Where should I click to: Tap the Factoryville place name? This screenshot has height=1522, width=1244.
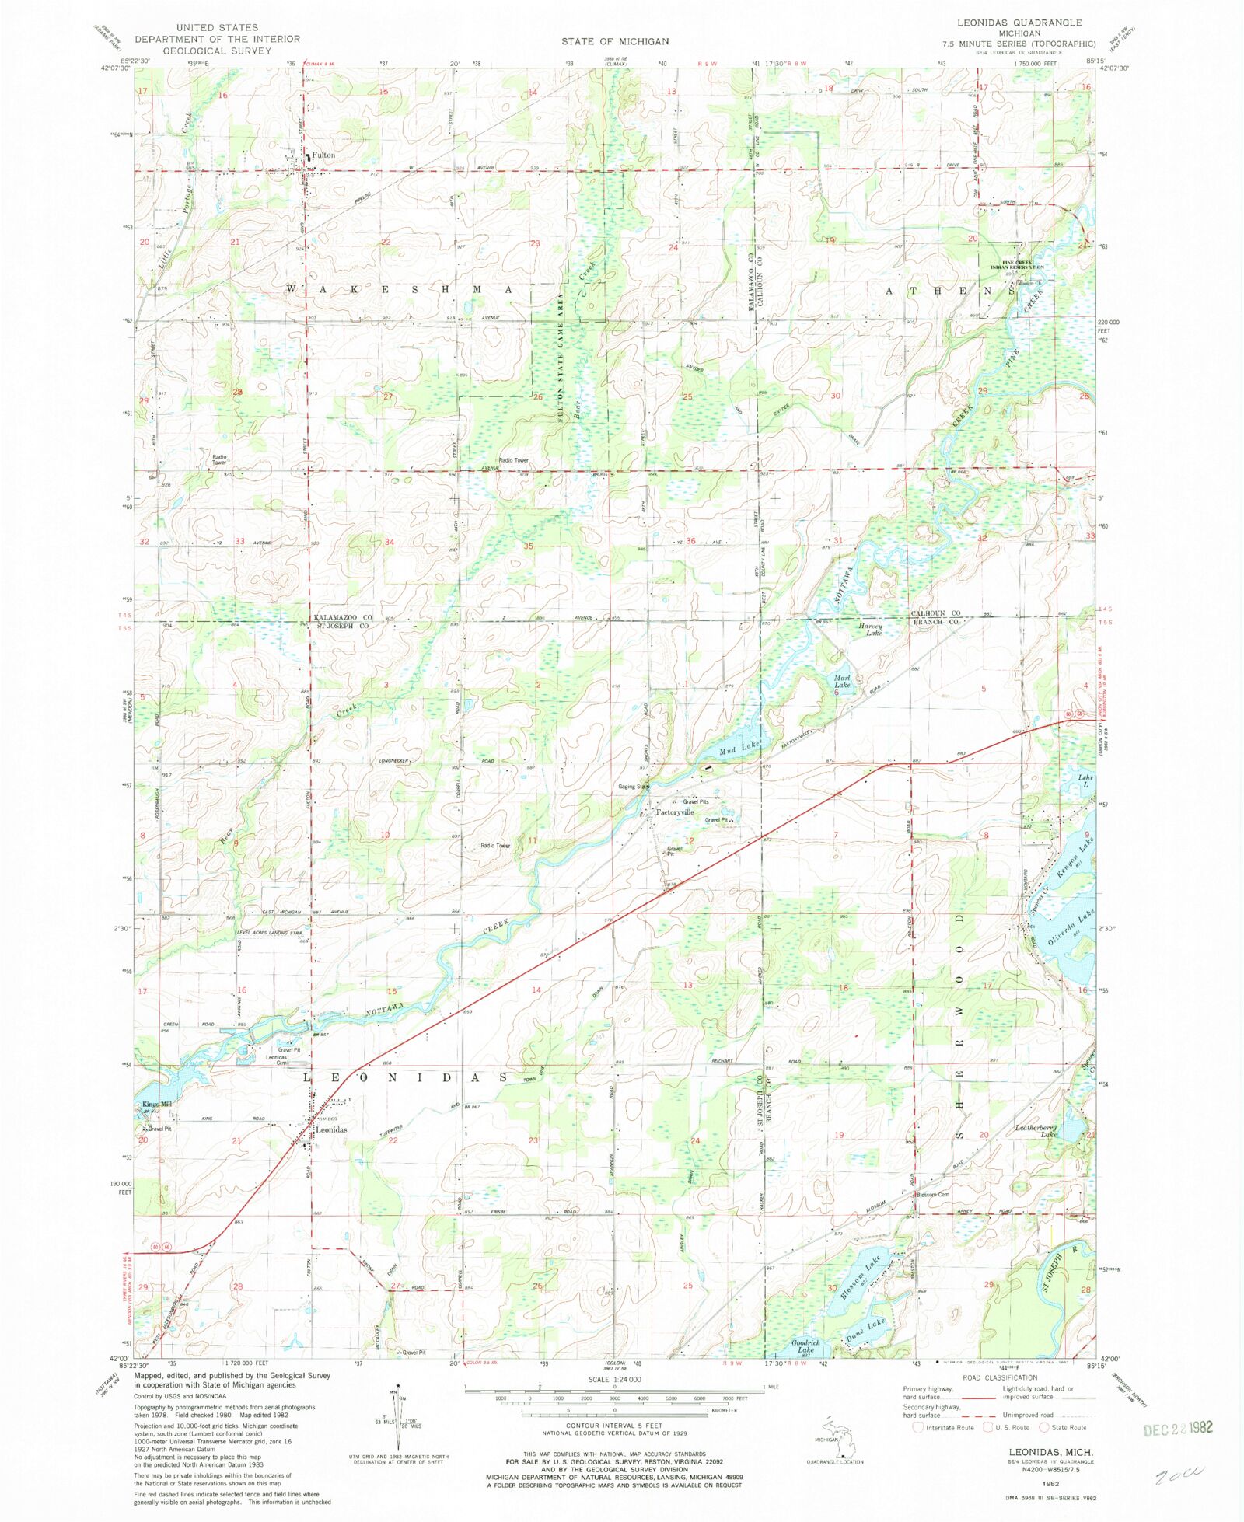674,812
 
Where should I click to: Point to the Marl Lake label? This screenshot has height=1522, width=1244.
843,682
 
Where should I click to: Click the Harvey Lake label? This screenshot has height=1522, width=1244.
869,630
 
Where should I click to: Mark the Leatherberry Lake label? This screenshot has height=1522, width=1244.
1036,1131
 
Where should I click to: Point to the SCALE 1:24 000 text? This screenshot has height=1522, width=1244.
614,1379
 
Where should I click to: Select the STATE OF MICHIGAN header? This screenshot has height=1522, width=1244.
614,41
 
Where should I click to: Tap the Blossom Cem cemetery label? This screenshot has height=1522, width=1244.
932,1195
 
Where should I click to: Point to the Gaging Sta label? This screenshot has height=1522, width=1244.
631,787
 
